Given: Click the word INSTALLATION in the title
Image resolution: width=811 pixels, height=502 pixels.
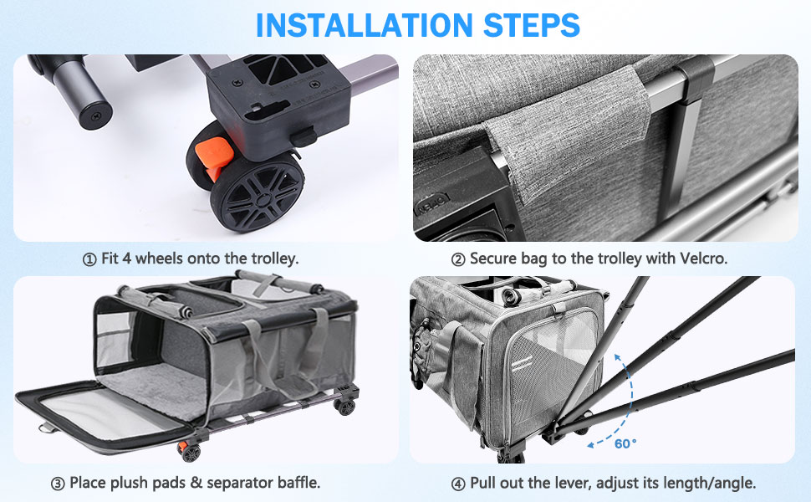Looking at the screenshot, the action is point(365,25).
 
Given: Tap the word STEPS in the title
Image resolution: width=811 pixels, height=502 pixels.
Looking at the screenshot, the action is point(532,25).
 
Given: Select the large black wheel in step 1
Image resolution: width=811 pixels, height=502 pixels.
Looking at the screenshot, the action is point(257,192).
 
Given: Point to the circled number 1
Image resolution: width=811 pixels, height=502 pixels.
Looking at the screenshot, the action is point(89,259).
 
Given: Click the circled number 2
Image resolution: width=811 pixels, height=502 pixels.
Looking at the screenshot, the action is point(458,259).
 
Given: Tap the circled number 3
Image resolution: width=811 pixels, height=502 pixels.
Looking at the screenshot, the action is point(58,484).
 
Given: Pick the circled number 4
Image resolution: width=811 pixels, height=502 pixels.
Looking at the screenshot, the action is point(458,484).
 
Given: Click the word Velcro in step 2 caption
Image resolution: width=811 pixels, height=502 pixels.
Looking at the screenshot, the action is point(703,259).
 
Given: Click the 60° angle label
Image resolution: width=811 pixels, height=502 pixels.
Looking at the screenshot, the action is point(625,443).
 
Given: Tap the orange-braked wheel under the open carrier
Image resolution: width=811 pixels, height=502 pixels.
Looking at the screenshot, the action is point(189,452).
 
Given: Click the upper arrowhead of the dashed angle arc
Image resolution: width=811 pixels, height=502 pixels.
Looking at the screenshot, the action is point(617,356).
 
